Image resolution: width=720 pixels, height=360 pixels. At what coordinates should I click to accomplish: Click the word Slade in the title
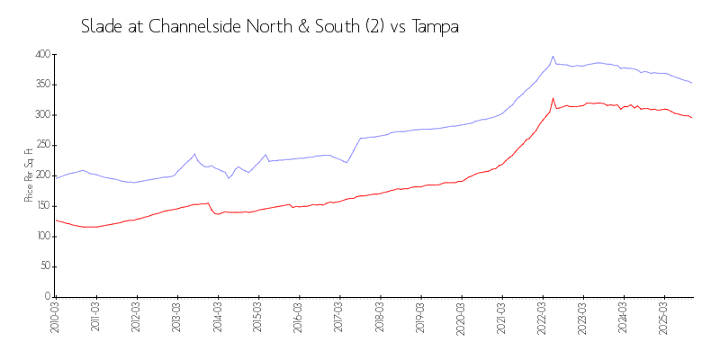click(101, 27)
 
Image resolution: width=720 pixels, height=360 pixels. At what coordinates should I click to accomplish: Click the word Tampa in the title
click(436, 27)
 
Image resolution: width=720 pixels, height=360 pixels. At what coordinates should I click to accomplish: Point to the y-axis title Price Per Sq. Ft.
click(30, 175)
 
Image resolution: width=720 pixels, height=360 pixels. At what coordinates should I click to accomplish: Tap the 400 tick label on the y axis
click(40, 55)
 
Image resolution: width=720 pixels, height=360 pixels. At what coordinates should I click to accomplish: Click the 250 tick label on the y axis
click(40, 145)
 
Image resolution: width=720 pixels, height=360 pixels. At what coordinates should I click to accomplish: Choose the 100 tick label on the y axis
click(40, 236)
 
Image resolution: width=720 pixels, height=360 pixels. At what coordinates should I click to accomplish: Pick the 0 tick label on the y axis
click(47, 296)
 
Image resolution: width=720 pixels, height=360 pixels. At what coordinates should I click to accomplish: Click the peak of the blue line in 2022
click(553, 57)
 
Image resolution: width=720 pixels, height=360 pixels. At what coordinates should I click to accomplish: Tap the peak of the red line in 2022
click(553, 99)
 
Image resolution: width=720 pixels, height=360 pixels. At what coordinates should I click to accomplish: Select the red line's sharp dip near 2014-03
click(217, 214)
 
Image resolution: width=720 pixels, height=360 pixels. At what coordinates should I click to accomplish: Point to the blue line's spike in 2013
click(194, 154)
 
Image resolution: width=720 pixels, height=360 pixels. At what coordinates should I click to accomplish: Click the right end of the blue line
click(691, 83)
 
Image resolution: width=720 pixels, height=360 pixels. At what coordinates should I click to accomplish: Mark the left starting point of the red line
click(55, 220)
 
